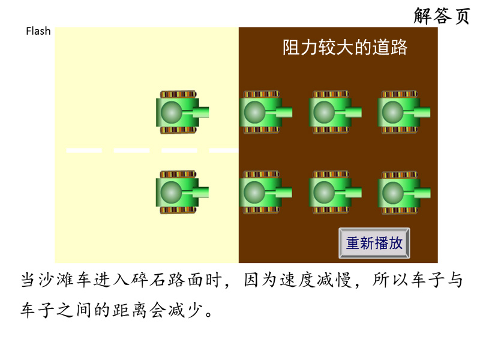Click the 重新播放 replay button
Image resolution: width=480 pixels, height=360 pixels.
pos(374,243)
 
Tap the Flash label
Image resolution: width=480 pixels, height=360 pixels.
pos(38,31)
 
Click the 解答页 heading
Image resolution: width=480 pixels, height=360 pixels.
pos(442,16)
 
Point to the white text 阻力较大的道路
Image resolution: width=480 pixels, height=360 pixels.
pos(344,47)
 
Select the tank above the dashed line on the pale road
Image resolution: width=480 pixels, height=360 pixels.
pos(182,112)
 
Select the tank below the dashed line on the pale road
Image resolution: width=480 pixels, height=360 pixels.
pos(182,192)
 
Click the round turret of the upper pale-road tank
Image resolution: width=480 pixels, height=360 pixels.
pos(172,112)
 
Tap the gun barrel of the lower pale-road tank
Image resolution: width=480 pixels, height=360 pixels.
pos(196,192)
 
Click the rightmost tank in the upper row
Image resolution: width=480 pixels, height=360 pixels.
pos(404,112)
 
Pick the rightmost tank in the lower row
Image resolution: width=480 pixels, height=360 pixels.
pos(404,193)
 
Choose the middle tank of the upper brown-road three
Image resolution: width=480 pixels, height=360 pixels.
pos(335,112)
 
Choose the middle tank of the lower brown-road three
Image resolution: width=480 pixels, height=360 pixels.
pos(335,192)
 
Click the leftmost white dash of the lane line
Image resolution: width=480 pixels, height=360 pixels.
pos(84,151)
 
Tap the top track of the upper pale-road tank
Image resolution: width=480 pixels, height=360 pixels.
pos(178,94)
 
